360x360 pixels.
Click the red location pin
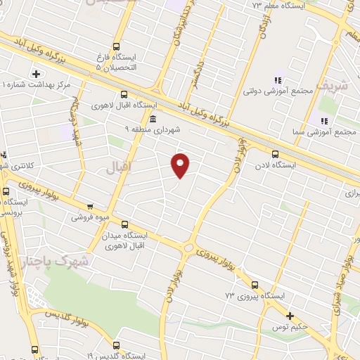181,165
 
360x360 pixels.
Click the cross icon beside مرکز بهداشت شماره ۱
36,74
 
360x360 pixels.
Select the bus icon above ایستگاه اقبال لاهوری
124,94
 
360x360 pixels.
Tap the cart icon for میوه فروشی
90,207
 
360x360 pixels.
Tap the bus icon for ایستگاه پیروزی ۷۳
254,285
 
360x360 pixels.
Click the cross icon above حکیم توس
289,316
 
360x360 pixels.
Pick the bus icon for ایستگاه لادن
275,154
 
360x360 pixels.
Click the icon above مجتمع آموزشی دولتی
277,80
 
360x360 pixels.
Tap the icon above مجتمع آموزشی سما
324,121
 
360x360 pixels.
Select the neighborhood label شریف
333,86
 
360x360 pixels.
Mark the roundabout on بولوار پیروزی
188,247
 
